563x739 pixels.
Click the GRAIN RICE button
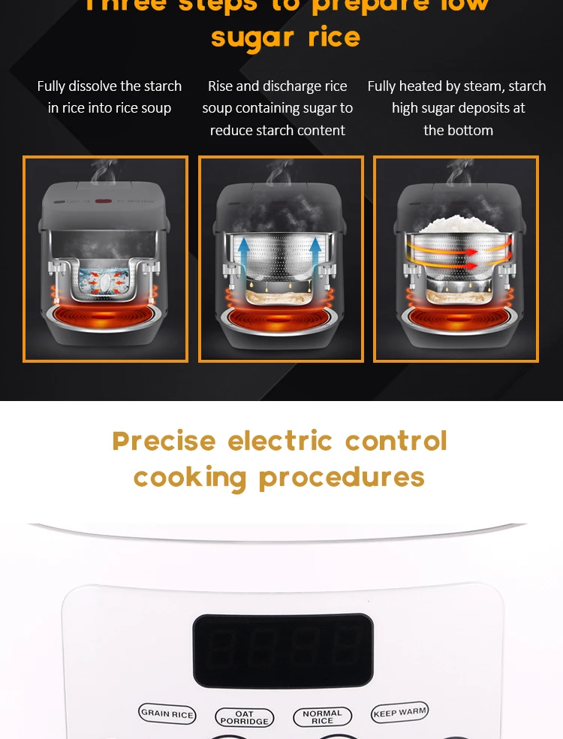tap(167, 713)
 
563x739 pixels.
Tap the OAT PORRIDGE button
tap(244, 717)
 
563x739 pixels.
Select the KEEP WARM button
tap(399, 712)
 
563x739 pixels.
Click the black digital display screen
tap(282, 650)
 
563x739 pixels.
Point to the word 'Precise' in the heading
tap(164, 441)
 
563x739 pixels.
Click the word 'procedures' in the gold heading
tap(342, 477)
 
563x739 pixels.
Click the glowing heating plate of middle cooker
tap(279, 319)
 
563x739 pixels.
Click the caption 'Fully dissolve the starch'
tap(110, 86)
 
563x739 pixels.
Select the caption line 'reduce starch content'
tap(278, 130)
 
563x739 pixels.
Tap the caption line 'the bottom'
tap(458, 130)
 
